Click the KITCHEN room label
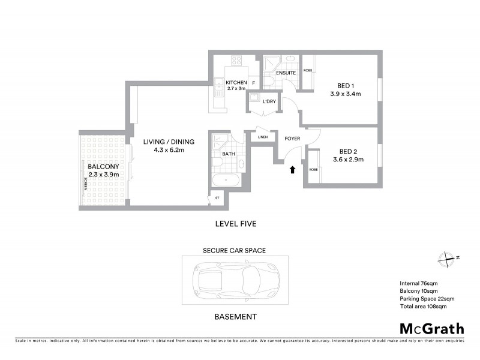236,82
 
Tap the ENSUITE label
286,73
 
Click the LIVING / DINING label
169,142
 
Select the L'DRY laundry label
269,101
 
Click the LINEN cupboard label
263,138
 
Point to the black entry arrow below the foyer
292,170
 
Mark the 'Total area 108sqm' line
423,306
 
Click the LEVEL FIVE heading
235,224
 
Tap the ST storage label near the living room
217,197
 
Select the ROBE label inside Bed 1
308,70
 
